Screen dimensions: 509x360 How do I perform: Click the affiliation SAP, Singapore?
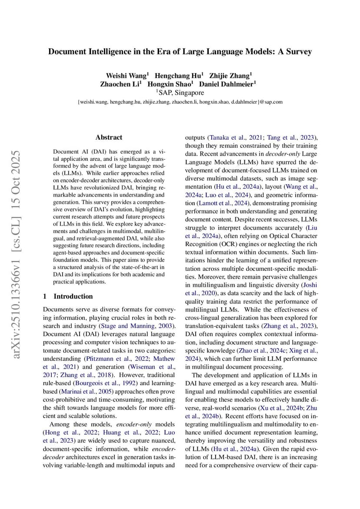(x=180, y=93)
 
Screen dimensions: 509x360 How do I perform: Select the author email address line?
(x=180, y=102)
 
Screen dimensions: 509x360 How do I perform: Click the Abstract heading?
(x=109, y=137)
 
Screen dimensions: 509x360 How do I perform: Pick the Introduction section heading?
(x=73, y=296)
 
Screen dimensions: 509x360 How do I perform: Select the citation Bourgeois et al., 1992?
(x=103, y=383)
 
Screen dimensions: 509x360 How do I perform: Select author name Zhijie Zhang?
(x=233, y=75)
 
